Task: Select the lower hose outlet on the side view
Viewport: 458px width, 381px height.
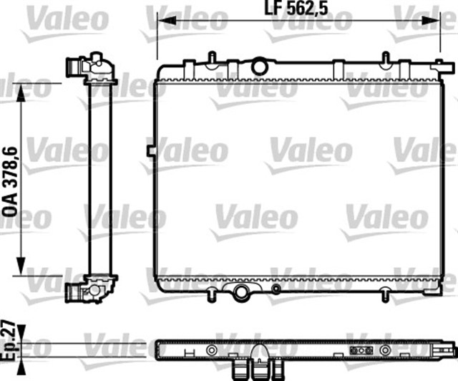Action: tap(74, 291)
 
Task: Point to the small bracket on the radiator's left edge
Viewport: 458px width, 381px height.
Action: tap(151, 150)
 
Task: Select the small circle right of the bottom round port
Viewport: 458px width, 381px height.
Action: tap(276, 289)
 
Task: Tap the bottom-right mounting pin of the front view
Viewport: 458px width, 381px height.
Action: tap(386, 293)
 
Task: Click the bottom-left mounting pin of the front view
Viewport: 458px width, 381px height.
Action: tap(213, 293)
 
